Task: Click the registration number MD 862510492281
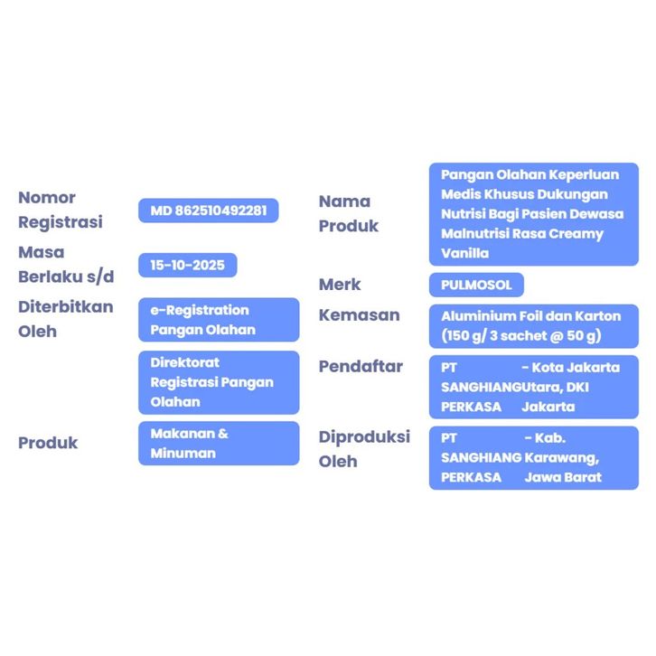pyautogui.click(x=208, y=211)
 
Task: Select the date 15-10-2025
pyautogui.click(x=188, y=265)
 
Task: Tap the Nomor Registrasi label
pyautogui.click(x=61, y=210)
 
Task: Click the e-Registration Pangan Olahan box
pyautogui.click(x=218, y=320)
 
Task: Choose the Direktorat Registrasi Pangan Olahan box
pyautogui.click(x=218, y=382)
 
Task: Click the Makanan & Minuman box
pyautogui.click(x=218, y=444)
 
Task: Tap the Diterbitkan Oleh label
pyautogui.click(x=66, y=318)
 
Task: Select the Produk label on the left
pyautogui.click(x=48, y=443)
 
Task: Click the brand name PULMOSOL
pyautogui.click(x=476, y=286)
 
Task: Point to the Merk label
pyautogui.click(x=340, y=285)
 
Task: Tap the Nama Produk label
pyautogui.click(x=348, y=213)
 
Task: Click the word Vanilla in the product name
pyautogui.click(x=464, y=254)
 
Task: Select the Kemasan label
pyautogui.click(x=359, y=315)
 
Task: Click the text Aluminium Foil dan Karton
pyautogui.click(x=530, y=316)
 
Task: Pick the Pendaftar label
pyautogui.click(x=361, y=366)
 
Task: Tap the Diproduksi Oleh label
pyautogui.click(x=364, y=448)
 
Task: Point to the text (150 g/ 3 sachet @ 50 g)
pyautogui.click(x=521, y=336)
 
